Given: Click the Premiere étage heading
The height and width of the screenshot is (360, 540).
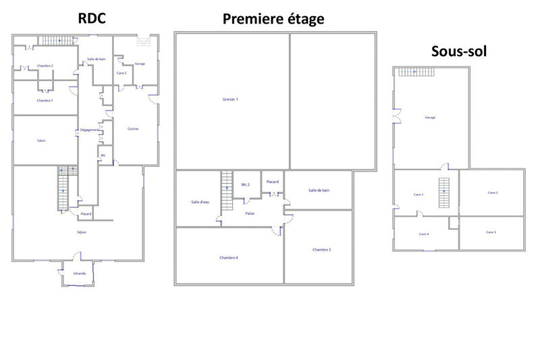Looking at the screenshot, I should click(273, 19).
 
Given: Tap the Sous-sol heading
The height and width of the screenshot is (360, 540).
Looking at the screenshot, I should click(459, 51).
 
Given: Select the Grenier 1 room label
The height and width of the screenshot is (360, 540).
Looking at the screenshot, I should click(230, 99).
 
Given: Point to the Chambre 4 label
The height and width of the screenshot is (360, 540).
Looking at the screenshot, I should click(229, 257).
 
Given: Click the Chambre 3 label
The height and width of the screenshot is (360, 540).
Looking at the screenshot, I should click(321, 250).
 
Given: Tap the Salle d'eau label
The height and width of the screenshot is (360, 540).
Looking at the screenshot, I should click(200, 202).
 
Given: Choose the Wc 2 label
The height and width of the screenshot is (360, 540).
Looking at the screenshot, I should click(246, 184).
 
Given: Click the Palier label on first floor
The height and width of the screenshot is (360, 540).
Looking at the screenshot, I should click(250, 213).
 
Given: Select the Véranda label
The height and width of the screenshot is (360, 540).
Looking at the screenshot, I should click(80, 274).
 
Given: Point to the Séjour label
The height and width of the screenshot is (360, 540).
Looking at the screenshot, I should click(82, 232).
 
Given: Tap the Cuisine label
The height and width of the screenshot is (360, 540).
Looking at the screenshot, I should click(133, 129).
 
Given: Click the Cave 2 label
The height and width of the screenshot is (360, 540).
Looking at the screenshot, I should click(493, 192).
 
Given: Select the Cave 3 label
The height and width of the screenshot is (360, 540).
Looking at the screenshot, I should click(491, 232).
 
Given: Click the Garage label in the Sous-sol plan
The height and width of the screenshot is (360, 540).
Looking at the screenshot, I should click(430, 118).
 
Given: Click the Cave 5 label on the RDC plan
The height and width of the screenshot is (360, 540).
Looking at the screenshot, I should click(122, 73).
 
